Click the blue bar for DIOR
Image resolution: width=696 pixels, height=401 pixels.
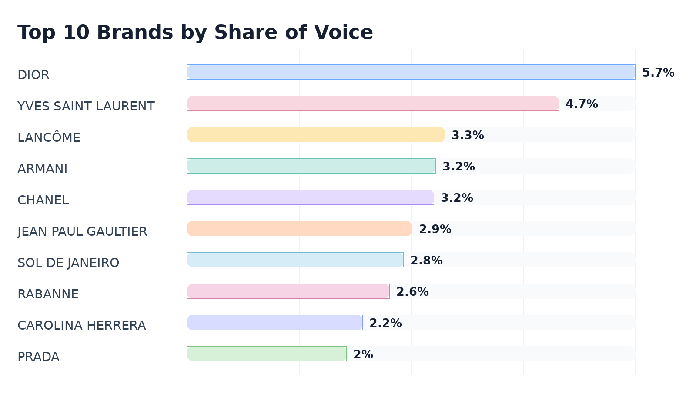pyautogui.click(x=411, y=72)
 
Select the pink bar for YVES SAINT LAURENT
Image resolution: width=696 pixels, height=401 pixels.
pyautogui.click(x=373, y=104)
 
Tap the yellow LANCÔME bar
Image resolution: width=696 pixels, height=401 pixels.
pyautogui.click(x=316, y=135)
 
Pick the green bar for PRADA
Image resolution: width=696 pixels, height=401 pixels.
pyautogui.click(x=267, y=354)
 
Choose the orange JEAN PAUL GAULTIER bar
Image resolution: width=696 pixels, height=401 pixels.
pyautogui.click(x=300, y=229)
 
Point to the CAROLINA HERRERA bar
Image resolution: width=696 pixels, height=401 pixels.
pyautogui.click(x=274, y=322)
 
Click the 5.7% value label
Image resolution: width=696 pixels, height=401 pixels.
pyautogui.click(x=658, y=73)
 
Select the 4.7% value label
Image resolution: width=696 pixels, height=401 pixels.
pyautogui.click(x=582, y=104)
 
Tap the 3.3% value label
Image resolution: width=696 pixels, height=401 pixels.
pyautogui.click(x=468, y=135)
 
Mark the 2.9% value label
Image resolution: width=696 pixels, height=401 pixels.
pyautogui.click(x=435, y=229)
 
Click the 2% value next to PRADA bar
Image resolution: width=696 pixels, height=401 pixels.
pyautogui.click(x=363, y=354)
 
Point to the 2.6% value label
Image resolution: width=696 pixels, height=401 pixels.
pyautogui.click(x=412, y=292)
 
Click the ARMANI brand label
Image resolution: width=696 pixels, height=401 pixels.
pyautogui.click(x=42, y=169)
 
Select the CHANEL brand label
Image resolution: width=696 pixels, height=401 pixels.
pyautogui.click(x=43, y=200)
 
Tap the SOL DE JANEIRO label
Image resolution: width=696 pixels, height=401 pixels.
pyautogui.click(x=68, y=263)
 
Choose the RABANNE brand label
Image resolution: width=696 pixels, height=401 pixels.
pyautogui.click(x=48, y=294)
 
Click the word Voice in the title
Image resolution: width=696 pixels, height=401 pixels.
pyautogui.click(x=343, y=33)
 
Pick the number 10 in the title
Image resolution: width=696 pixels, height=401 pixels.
pyautogui.click(x=76, y=33)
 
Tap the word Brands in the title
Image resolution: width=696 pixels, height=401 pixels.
pyautogui.click(x=135, y=33)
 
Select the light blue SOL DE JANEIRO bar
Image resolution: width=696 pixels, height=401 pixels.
pyautogui.click(x=295, y=260)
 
